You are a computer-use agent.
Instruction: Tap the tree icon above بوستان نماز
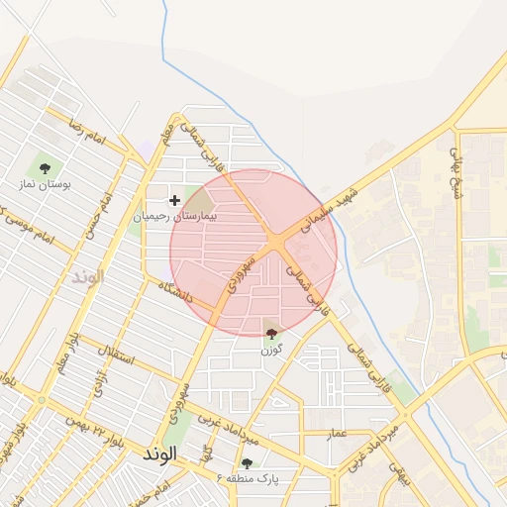coord(45,168)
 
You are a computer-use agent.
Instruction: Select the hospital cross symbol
coord(175,200)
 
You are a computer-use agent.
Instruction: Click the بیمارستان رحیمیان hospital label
coord(174,215)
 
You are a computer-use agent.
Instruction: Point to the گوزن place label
coord(271,350)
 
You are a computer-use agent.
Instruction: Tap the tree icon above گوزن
coord(272,333)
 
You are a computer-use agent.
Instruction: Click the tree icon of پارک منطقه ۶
coord(247,462)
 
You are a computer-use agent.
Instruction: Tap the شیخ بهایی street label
coord(456,172)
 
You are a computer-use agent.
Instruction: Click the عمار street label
coord(338,433)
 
